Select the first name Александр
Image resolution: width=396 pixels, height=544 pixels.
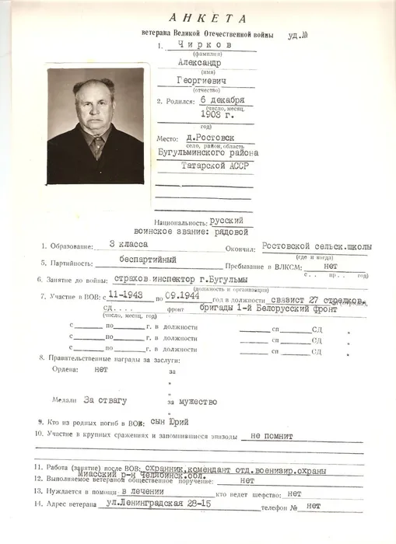click(200, 63)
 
